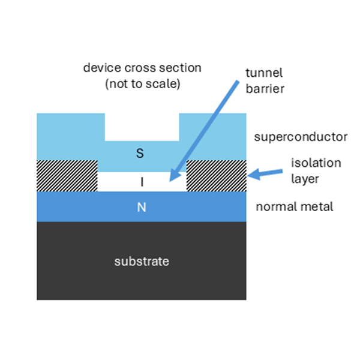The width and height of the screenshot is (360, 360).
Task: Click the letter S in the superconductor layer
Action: pyautogui.click(x=141, y=154)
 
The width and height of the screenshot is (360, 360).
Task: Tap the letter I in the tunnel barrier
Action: pyautogui.click(x=142, y=182)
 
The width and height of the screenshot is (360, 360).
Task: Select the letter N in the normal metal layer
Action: pyautogui.click(x=142, y=207)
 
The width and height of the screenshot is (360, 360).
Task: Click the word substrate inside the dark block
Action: pyautogui.click(x=142, y=262)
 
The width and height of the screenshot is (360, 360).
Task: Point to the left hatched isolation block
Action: pyautogui.click(x=67, y=176)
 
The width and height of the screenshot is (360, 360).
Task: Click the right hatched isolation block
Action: pyautogui.click(x=217, y=176)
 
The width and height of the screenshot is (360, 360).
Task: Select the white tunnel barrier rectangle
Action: pyautogui.click(x=120, y=182)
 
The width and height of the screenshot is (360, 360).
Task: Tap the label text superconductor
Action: pyautogui.click(x=301, y=137)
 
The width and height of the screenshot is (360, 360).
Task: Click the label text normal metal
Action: pyautogui.click(x=294, y=207)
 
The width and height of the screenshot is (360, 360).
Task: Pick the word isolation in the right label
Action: pyautogui.click(x=316, y=163)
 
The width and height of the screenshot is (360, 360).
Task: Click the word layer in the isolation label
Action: pyautogui.click(x=305, y=178)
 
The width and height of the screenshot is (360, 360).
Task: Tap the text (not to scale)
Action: pyautogui.click(x=142, y=84)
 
